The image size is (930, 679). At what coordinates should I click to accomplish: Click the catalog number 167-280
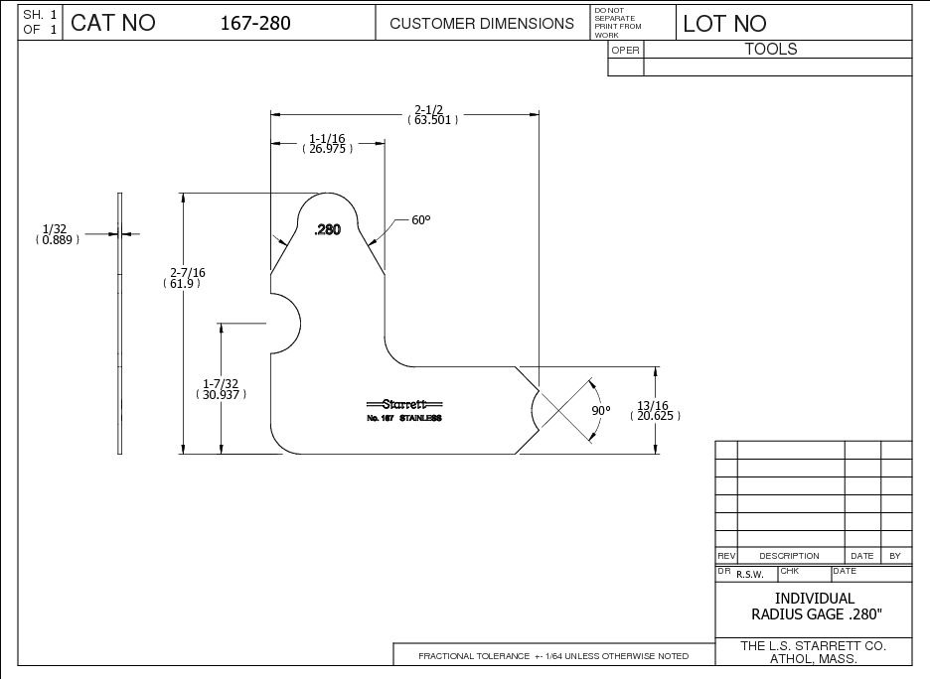[x=255, y=23]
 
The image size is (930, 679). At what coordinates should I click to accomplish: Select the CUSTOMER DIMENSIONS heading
[x=482, y=23]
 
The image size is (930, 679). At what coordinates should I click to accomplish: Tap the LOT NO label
[x=724, y=24]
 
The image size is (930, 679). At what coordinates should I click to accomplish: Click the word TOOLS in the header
[x=771, y=49]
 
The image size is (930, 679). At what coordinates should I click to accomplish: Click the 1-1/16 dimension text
[x=327, y=138]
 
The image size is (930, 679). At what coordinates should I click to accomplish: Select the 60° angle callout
[x=421, y=219]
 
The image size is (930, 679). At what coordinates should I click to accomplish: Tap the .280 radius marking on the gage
[x=327, y=229]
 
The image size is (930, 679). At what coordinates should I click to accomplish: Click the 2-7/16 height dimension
[x=188, y=272]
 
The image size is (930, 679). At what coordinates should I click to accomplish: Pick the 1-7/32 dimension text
[x=221, y=383]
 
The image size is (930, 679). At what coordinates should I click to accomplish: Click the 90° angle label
[x=601, y=410]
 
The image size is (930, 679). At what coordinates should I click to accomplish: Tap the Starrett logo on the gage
[x=404, y=404]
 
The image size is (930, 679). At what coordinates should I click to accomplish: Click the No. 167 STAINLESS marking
[x=404, y=419]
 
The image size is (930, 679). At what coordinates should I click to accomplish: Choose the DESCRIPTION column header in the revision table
[x=789, y=556]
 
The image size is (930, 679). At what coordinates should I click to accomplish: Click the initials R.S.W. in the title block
[x=750, y=574]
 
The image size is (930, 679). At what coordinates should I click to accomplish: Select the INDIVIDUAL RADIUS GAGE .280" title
[x=814, y=606]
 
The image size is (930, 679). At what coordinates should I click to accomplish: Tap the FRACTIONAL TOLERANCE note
[x=552, y=656]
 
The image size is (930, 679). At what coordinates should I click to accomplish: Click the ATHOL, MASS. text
[x=814, y=660]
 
